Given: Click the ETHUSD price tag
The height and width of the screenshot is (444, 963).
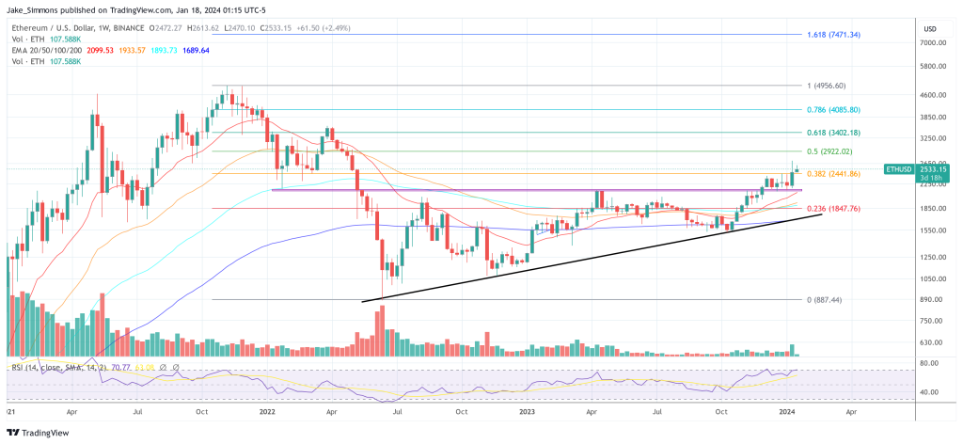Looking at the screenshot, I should (899, 169).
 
